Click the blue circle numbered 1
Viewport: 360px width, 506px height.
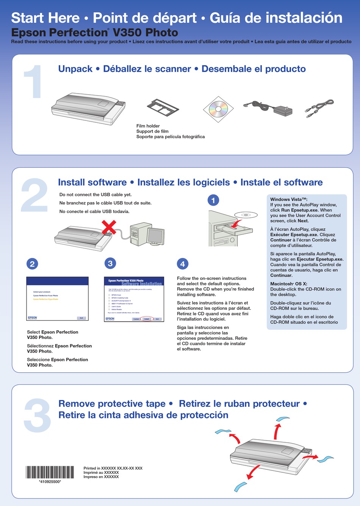click(x=213, y=200)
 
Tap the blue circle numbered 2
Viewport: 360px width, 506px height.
click(x=32, y=264)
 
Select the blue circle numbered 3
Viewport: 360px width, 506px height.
click(x=110, y=263)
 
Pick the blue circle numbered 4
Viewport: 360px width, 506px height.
click(x=183, y=264)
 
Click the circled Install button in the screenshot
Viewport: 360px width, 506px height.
click(x=147, y=319)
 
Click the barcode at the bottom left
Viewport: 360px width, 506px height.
click(x=50, y=472)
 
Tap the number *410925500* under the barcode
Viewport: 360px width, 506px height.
click(x=50, y=482)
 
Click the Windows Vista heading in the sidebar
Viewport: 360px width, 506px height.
click(x=289, y=199)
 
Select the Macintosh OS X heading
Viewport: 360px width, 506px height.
click(x=288, y=284)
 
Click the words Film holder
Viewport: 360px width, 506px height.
click(x=148, y=126)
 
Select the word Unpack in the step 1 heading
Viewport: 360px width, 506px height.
click(x=75, y=69)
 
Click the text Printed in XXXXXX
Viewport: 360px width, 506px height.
click(x=113, y=468)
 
